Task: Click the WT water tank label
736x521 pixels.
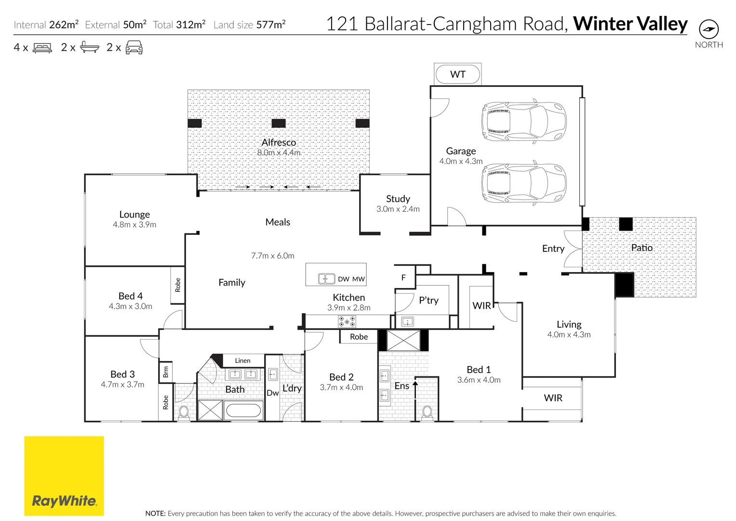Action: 457,74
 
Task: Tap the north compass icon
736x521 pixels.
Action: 709,29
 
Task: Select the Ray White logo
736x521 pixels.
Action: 64,476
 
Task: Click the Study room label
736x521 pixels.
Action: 398,199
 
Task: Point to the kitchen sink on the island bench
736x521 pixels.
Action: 326,279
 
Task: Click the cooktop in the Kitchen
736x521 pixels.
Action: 347,321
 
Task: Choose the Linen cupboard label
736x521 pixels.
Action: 242,360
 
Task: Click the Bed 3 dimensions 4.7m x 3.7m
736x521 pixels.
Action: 122,384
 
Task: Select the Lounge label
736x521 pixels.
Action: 134,214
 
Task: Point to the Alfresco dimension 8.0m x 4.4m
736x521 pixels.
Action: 279,152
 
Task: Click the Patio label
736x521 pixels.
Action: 642,247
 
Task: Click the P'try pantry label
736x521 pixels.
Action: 428,300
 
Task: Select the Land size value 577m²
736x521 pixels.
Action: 270,25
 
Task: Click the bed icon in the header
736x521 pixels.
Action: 42,48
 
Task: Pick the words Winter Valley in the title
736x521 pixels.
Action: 630,24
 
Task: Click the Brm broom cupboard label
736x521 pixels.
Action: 166,372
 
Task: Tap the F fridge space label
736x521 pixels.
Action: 403,277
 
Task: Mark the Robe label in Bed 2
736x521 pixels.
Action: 359,337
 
